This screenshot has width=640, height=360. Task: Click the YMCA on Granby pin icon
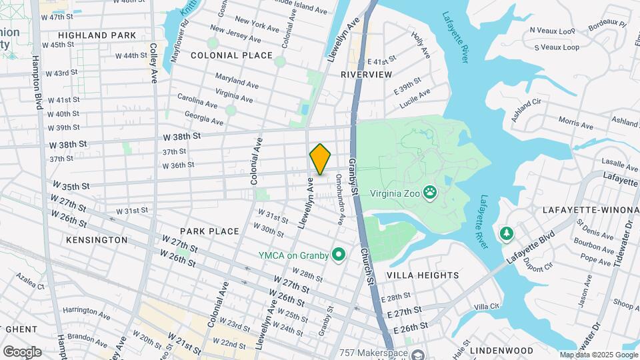click(339, 254)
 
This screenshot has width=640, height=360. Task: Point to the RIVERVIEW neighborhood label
click(366, 75)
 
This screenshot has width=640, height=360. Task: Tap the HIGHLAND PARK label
click(97, 35)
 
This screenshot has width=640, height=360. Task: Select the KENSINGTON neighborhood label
click(97, 239)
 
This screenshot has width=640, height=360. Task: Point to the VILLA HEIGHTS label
click(424, 275)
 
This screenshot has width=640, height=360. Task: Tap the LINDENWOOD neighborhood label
click(501, 350)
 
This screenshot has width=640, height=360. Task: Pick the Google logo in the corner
click(22, 351)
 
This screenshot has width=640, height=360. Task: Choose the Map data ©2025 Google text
click(598, 355)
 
